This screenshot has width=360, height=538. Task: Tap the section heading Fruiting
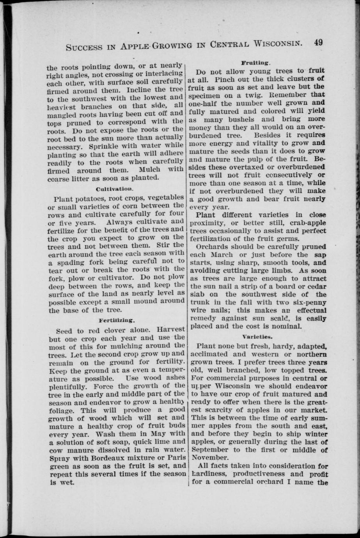256,62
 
